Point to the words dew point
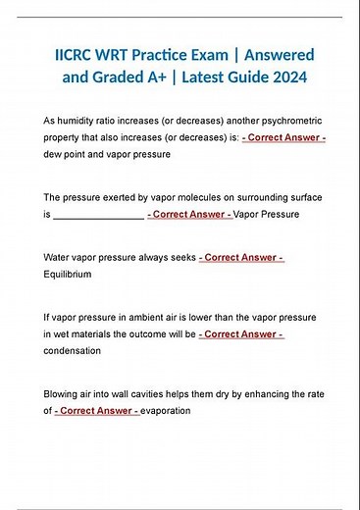(70, 155)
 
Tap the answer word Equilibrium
(68, 275)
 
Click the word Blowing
(64, 394)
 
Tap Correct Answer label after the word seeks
(241, 258)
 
